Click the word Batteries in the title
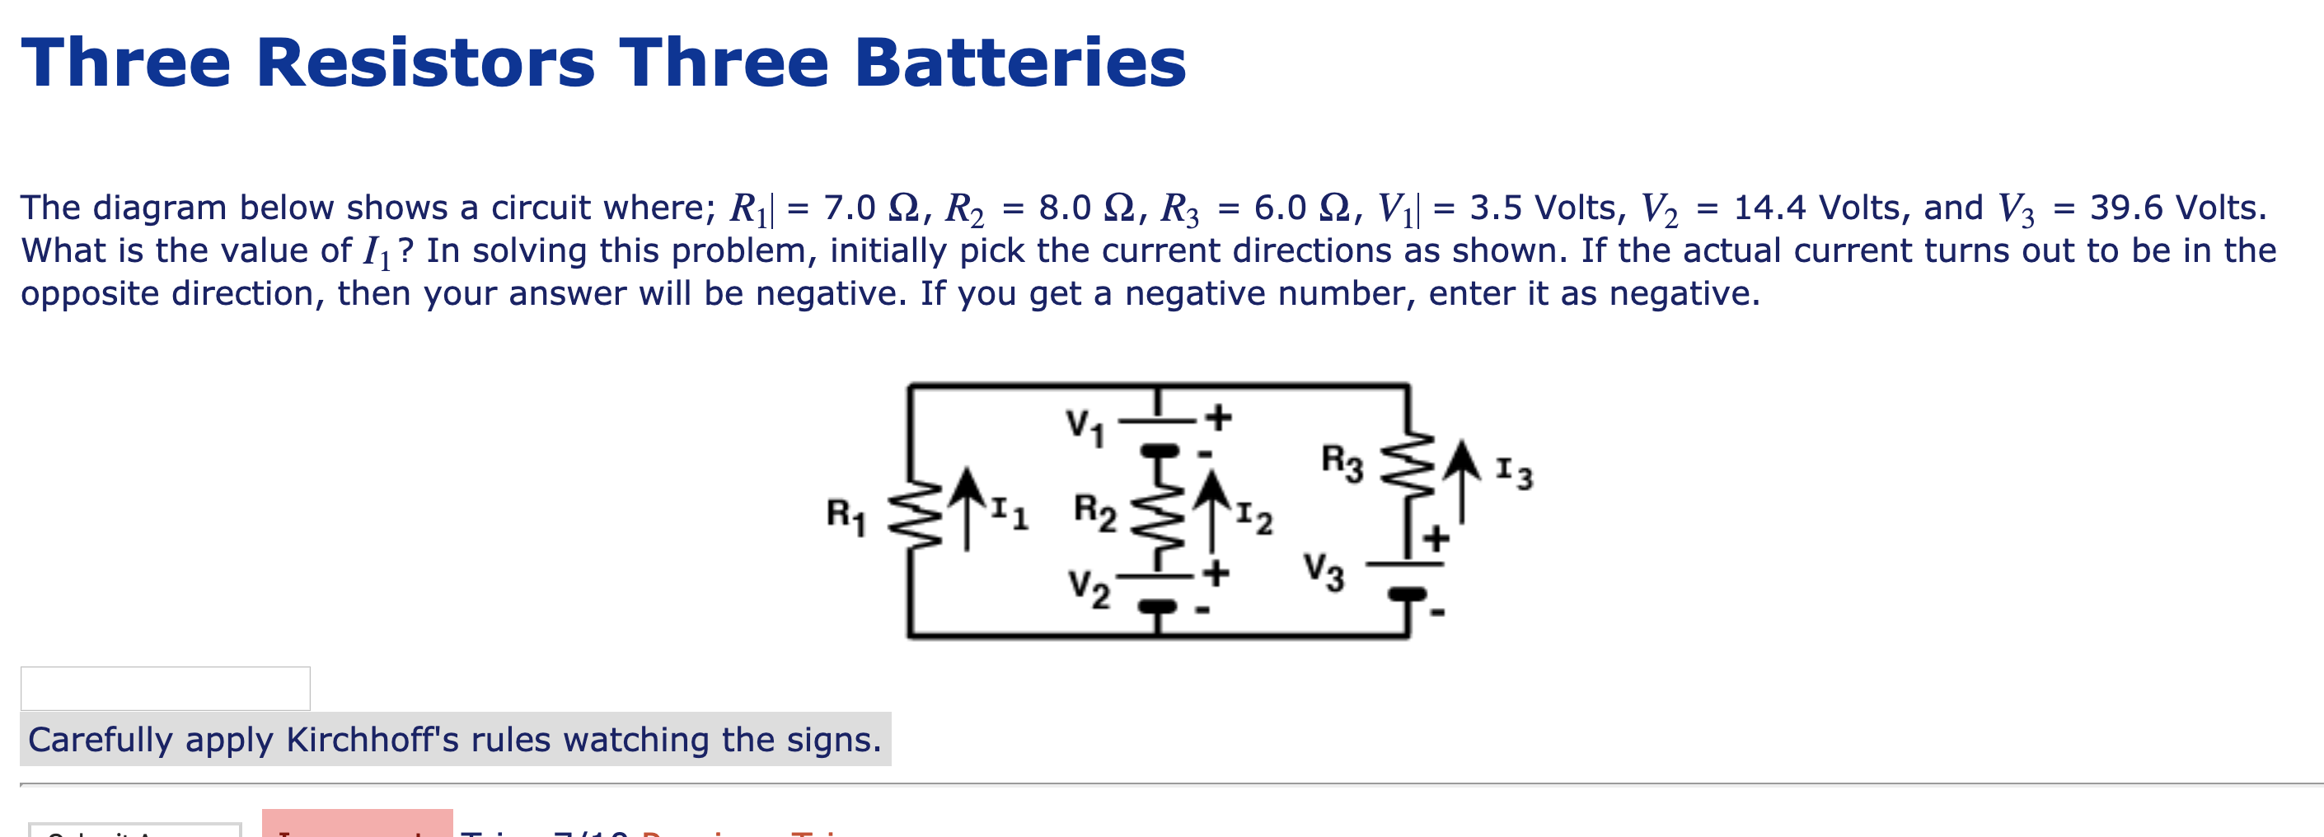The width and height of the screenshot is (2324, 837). coord(1019,63)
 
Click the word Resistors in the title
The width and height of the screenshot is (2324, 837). coord(425,63)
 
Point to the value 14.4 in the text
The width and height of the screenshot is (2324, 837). coord(1769,208)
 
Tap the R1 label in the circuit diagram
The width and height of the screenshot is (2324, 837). coord(846,515)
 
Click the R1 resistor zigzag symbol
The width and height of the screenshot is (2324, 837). coord(915,515)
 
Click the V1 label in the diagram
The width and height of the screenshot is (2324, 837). coord(1085,426)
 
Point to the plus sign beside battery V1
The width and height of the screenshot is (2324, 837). coord(1218,417)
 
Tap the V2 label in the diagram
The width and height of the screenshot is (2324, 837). coord(1089,588)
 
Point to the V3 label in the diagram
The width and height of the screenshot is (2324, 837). coord(1323,571)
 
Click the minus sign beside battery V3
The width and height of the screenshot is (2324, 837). coord(1438,612)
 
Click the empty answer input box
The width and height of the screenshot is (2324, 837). coord(165,688)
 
